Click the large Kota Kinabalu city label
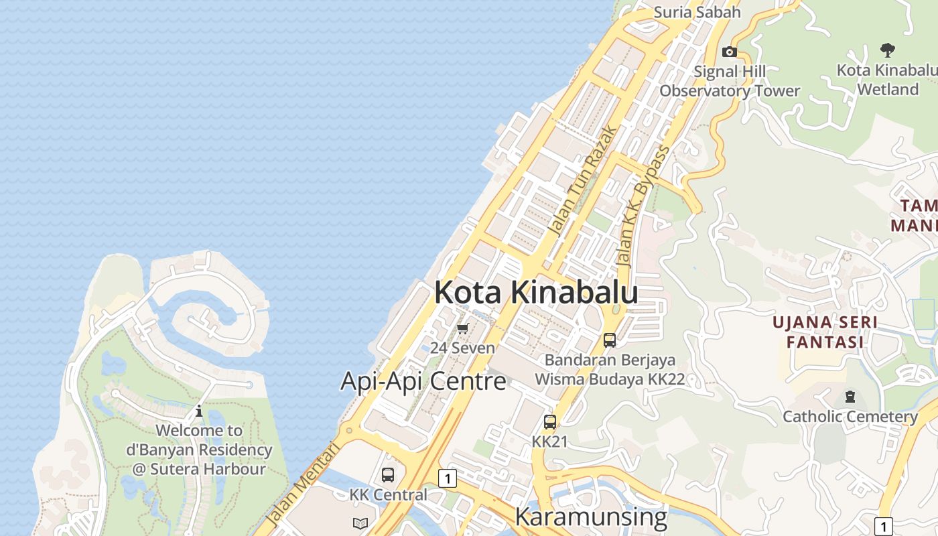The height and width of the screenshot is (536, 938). pos(535,293)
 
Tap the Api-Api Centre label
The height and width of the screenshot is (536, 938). pos(423,381)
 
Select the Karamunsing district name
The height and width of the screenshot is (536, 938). pos(591,517)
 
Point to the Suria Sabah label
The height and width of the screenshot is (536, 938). pos(697,12)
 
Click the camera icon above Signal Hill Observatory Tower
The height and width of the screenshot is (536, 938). pos(730,52)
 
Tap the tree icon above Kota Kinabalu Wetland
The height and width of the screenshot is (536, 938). pos(888,50)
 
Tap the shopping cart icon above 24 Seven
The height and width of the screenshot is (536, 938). pos(462,328)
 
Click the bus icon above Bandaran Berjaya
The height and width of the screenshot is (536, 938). pos(610,340)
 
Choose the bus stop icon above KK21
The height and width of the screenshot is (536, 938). pos(550,422)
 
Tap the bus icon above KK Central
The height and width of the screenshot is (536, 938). pos(388,475)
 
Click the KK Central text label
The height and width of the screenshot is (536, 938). pos(388,494)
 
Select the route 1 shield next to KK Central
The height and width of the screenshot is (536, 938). pos(448,478)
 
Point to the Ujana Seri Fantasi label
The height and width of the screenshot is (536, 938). pos(825,332)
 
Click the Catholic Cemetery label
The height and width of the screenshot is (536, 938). pos(850,417)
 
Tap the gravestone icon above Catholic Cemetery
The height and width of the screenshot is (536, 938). pos(850,397)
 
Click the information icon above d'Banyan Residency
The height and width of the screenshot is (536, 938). pos(199,411)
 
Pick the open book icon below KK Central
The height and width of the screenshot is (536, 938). pos(360,523)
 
